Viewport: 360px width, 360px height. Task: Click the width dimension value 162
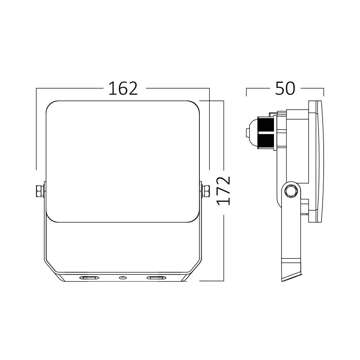tap(123, 89)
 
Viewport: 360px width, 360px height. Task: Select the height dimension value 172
tap(224, 190)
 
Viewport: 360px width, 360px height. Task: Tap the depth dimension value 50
tap(285, 89)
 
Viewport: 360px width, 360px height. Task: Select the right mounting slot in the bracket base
tap(156, 278)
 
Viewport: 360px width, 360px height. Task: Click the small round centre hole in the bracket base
tap(123, 278)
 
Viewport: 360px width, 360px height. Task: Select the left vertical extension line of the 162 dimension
tap(36, 130)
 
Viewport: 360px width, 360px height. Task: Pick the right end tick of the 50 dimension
tap(324, 92)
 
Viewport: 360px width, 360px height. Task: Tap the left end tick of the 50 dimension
tap(246, 92)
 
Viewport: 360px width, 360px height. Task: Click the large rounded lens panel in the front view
tap(123, 160)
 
